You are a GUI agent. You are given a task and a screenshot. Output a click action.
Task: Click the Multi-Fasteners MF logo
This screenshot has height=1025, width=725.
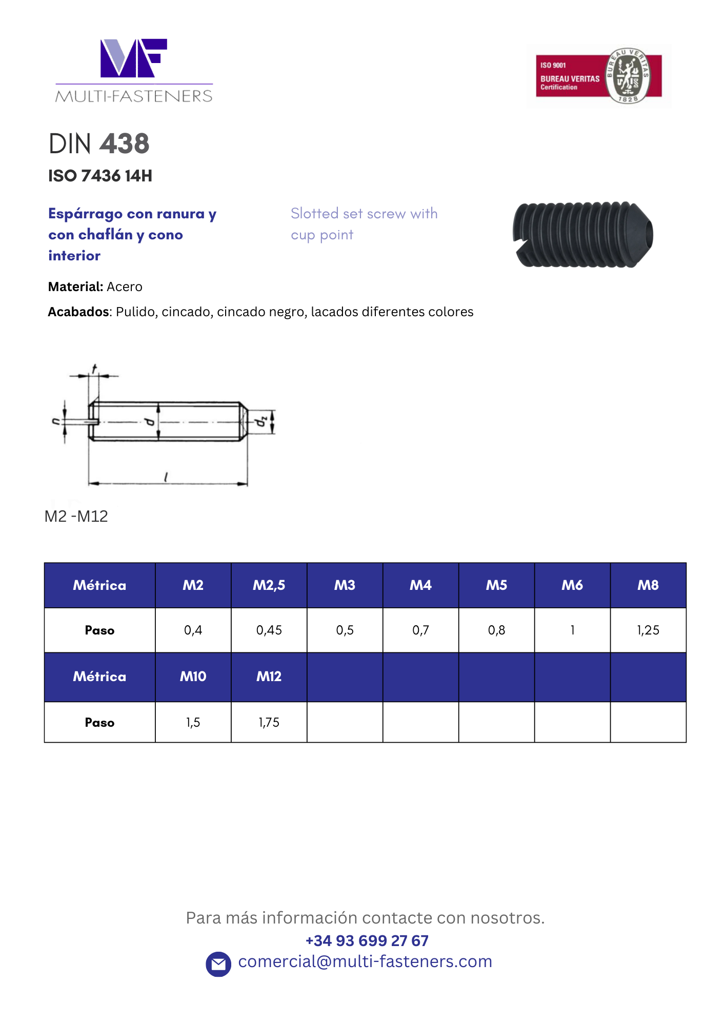click(134, 70)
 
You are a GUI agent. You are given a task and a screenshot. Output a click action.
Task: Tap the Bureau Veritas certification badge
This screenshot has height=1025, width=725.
click(598, 76)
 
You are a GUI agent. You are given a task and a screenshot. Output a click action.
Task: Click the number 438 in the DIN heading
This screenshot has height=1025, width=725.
click(125, 143)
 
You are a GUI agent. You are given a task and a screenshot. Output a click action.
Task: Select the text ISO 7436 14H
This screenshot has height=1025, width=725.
click(100, 176)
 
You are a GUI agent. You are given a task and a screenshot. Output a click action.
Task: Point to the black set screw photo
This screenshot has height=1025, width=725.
click(583, 234)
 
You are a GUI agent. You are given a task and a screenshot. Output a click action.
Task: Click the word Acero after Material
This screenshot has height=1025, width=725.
click(125, 286)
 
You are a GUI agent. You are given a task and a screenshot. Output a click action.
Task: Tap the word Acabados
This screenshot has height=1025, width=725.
click(78, 312)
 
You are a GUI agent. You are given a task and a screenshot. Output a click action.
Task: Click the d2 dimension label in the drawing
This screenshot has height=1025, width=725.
click(261, 421)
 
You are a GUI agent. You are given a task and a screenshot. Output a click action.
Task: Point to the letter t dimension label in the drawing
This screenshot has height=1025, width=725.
click(94, 369)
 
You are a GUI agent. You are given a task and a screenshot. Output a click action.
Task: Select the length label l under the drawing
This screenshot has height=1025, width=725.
click(166, 477)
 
